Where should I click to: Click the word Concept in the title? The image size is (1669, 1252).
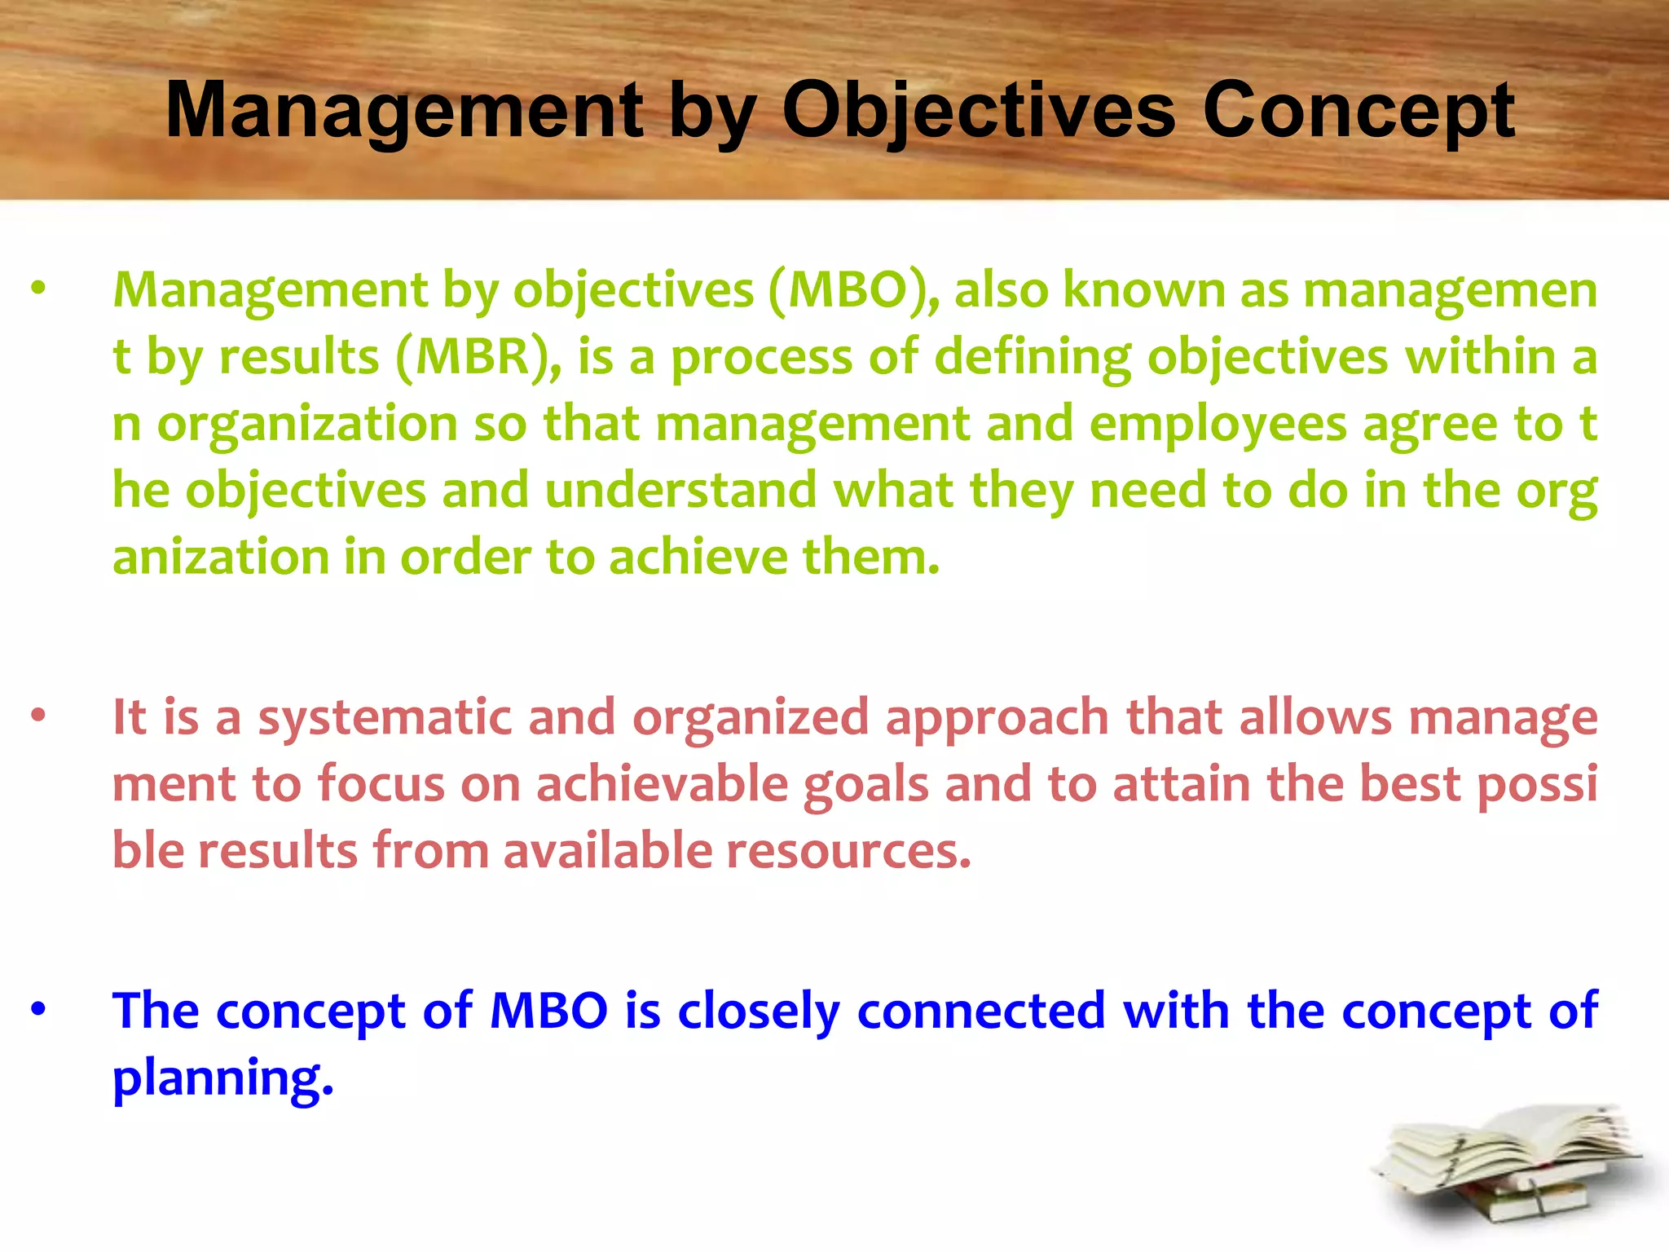point(1358,111)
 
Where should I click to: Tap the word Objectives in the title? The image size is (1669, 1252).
point(978,111)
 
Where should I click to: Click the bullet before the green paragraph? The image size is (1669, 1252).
point(38,289)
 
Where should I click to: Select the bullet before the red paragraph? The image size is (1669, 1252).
point(38,716)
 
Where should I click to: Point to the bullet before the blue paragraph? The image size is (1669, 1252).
point(38,1009)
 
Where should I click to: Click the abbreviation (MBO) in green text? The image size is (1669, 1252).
point(852,290)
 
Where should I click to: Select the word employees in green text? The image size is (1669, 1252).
point(1218,425)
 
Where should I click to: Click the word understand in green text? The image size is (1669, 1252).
point(680,491)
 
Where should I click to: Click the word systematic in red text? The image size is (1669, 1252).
point(385,718)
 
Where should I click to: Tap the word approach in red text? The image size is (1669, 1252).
point(997,718)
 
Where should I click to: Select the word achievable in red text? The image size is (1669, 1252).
point(662,784)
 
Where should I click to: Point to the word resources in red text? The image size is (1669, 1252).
point(848,851)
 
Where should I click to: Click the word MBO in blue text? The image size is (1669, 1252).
point(548,1011)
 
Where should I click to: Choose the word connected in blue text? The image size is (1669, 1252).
point(980,1011)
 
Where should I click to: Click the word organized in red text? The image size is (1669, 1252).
point(751,718)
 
